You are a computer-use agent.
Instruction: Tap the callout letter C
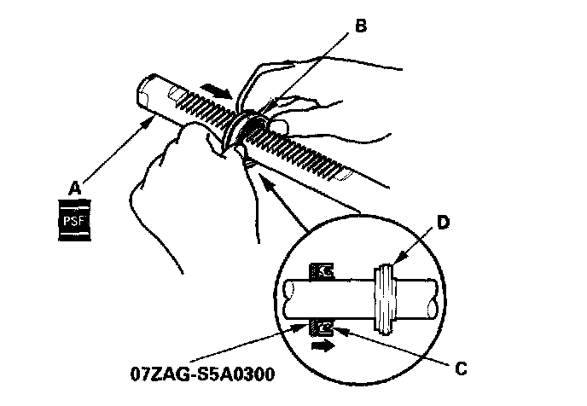click(x=461, y=370)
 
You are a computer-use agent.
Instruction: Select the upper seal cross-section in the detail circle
click(x=323, y=271)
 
